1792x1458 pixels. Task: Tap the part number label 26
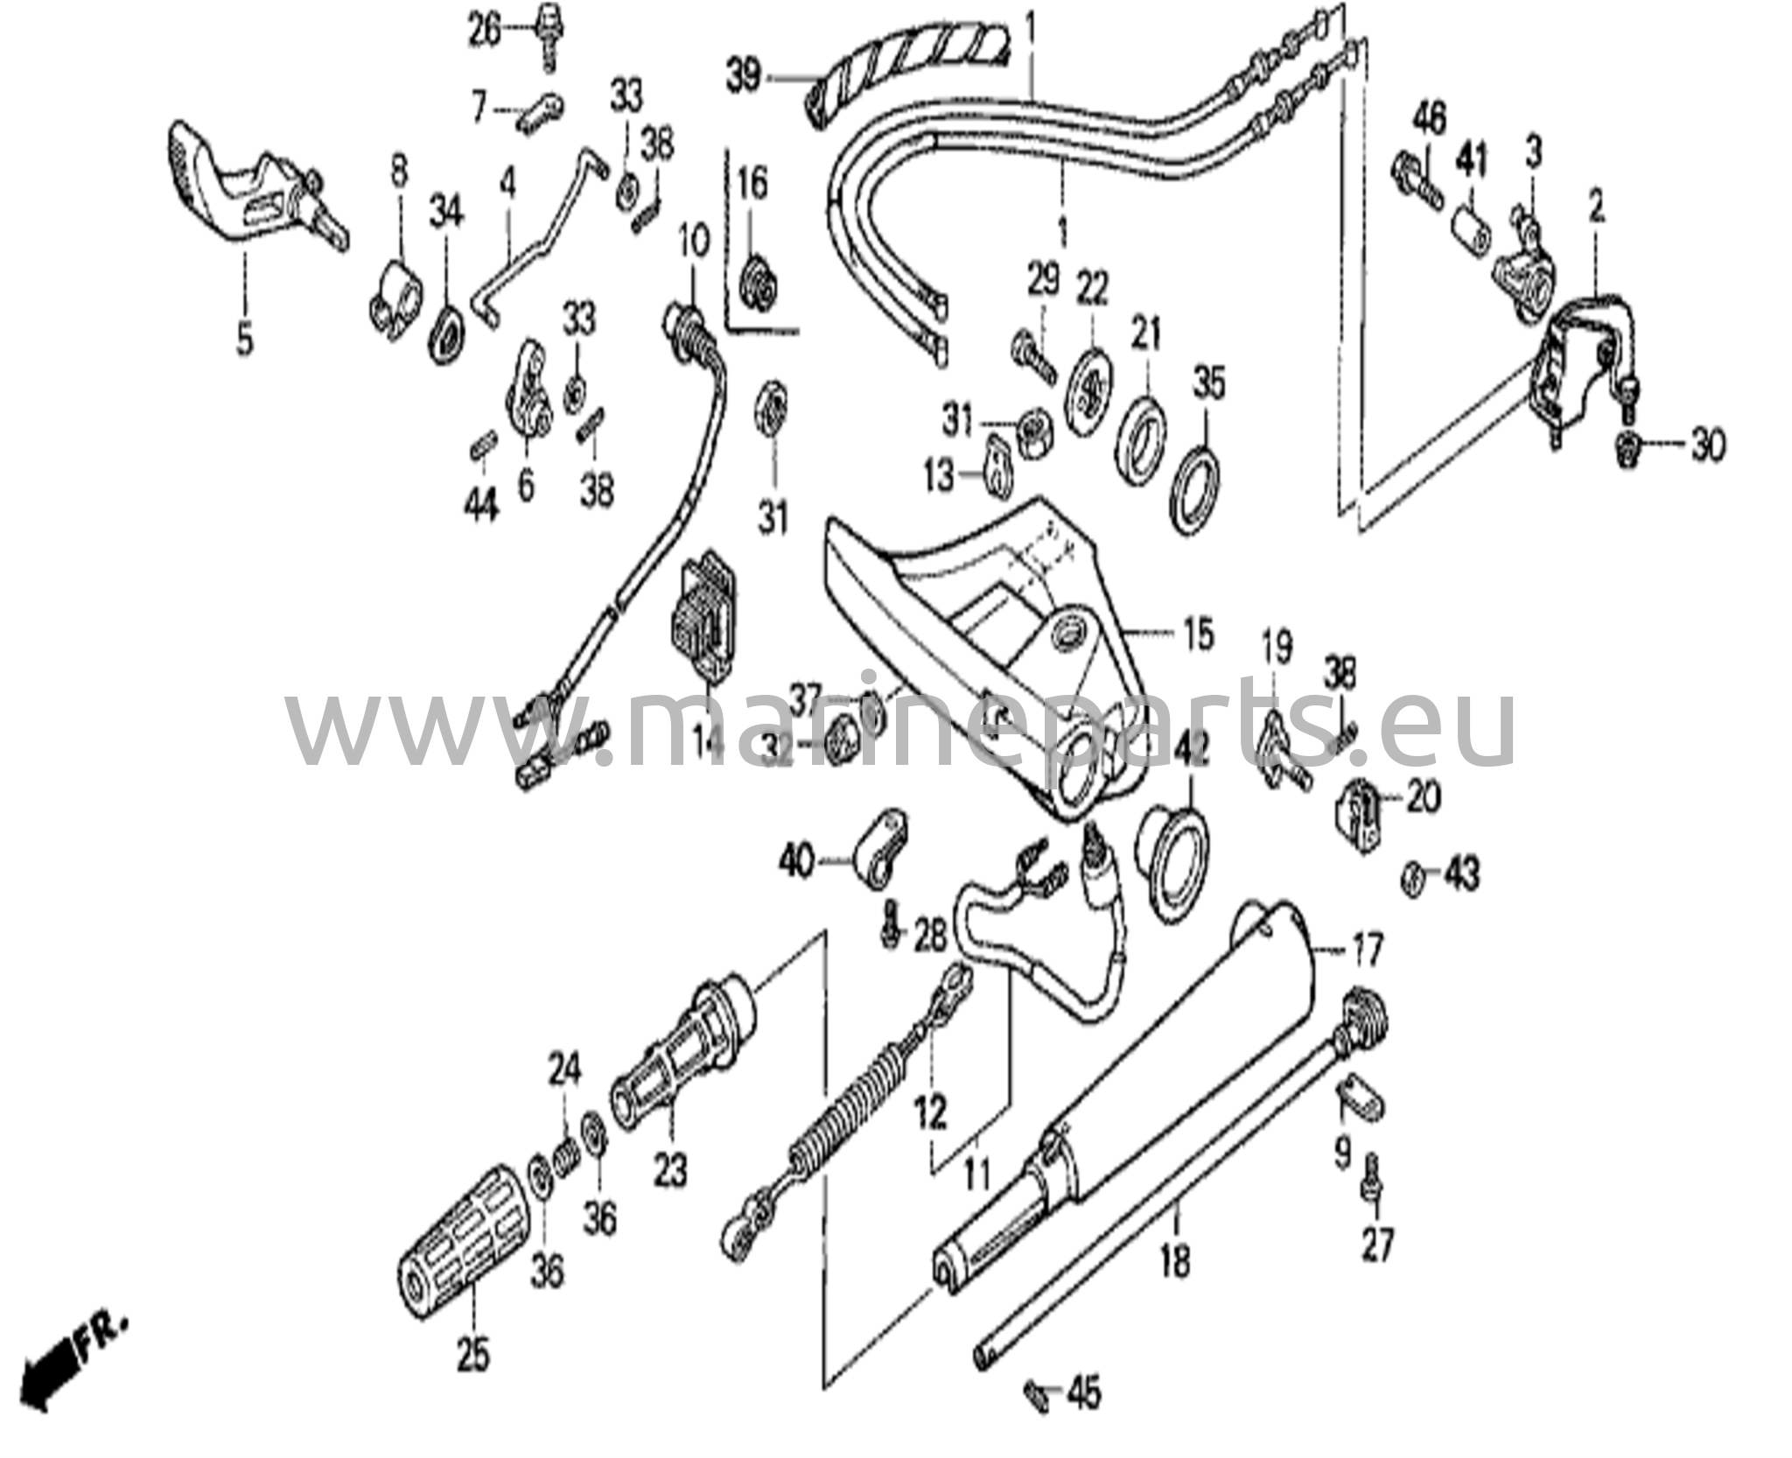pyautogui.click(x=485, y=32)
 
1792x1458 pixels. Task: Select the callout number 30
pyautogui.click(x=1705, y=446)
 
